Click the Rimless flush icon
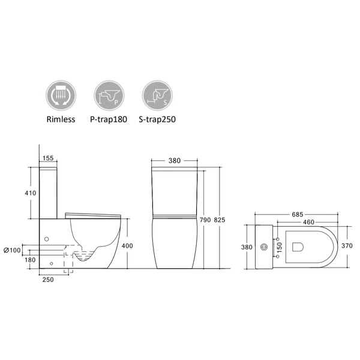click(61, 95)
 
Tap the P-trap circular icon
click(109, 95)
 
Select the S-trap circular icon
click(157, 95)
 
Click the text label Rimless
click(61, 119)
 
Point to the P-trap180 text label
click(109, 119)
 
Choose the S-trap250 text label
click(157, 119)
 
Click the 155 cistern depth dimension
click(48, 158)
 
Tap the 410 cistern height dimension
click(31, 193)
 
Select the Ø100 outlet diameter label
click(12, 250)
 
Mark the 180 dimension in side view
click(30, 260)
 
